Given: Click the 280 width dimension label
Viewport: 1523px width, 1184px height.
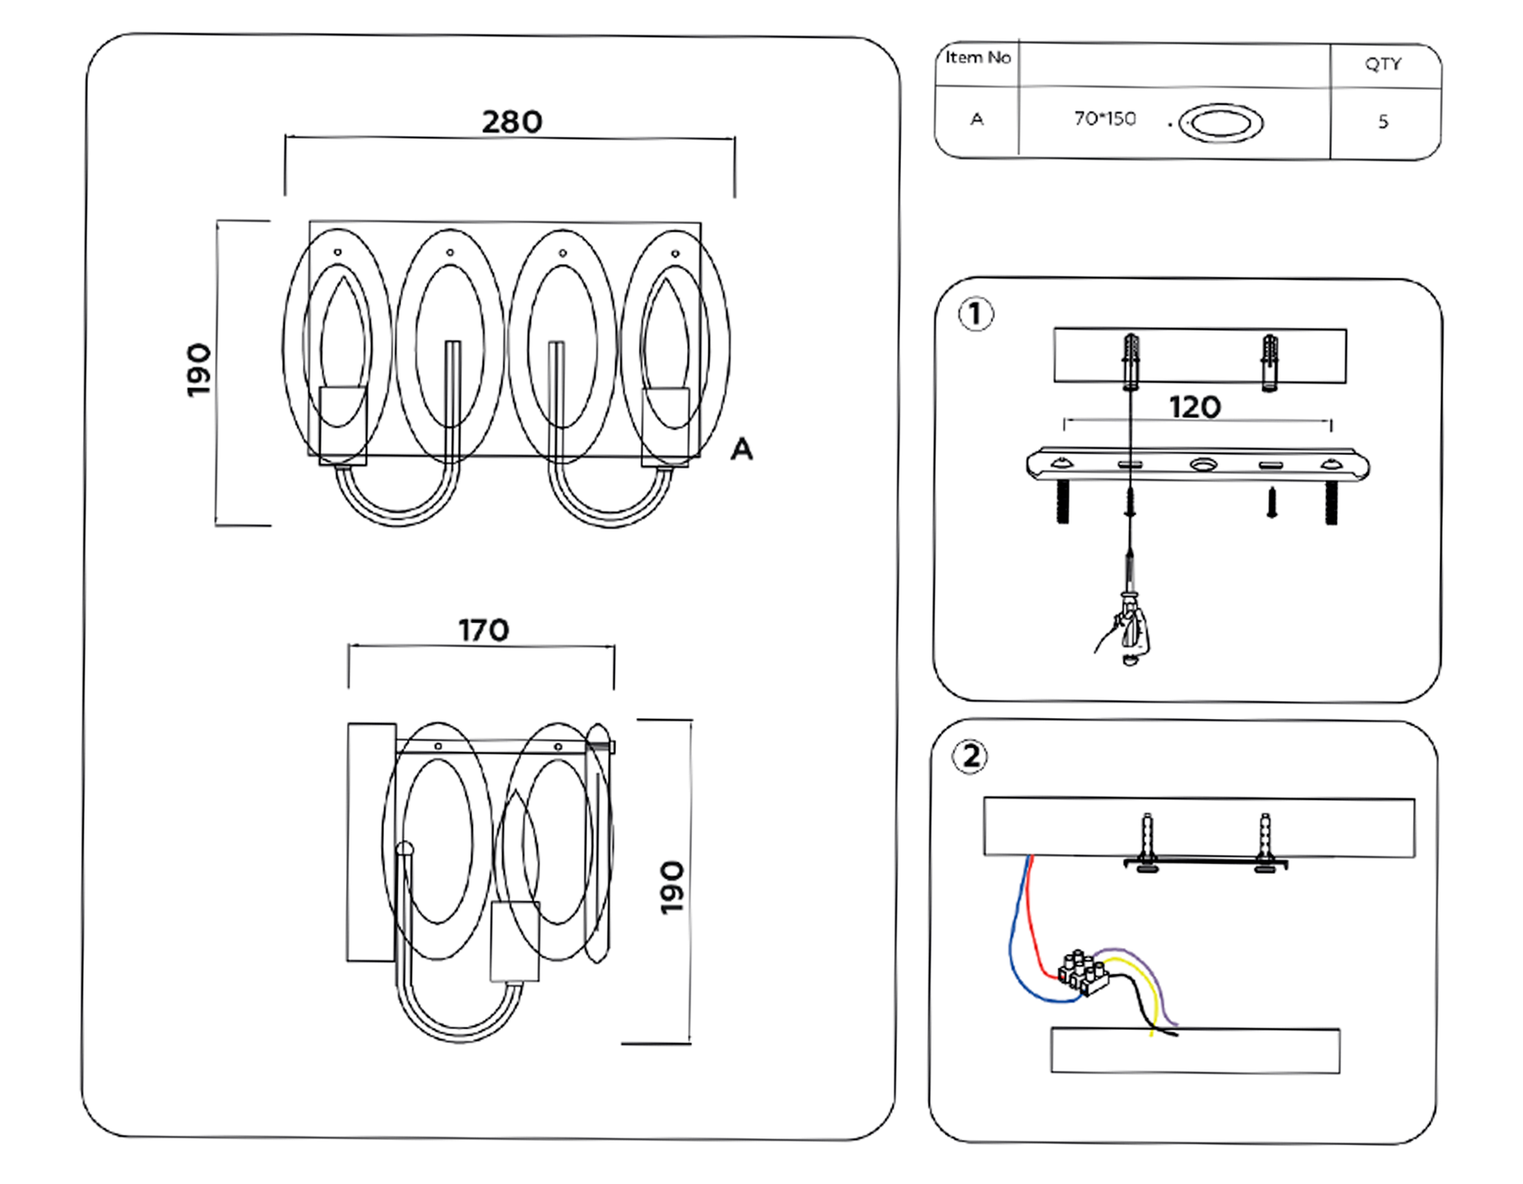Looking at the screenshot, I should (x=512, y=122).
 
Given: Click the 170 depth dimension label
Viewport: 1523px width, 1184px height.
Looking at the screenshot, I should (x=483, y=630).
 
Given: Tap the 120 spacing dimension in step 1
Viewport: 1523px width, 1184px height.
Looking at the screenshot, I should (x=1195, y=408).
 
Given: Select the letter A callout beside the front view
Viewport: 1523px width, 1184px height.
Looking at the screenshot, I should (x=741, y=449).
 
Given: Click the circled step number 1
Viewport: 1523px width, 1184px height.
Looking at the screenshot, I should (x=976, y=315).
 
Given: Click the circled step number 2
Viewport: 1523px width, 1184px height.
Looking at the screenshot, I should (x=970, y=756).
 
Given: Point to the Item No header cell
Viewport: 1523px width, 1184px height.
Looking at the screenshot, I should (x=977, y=58).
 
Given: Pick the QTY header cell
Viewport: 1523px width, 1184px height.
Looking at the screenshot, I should (x=1383, y=64).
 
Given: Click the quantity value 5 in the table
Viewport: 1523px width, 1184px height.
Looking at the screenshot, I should (x=1383, y=122).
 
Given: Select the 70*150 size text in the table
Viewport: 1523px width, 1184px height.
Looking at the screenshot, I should (x=1104, y=119).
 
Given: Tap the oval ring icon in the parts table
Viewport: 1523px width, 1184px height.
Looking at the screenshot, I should (x=1220, y=123).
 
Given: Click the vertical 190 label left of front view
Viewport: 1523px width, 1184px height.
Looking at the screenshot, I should (x=199, y=370).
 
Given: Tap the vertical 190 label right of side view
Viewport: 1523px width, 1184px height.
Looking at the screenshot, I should (x=672, y=887).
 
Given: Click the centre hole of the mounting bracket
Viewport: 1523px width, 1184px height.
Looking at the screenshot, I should (x=1201, y=464).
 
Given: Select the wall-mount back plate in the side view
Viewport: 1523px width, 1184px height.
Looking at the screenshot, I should (x=371, y=842).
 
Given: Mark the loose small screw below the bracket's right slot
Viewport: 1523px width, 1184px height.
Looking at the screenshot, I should (x=1271, y=502).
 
